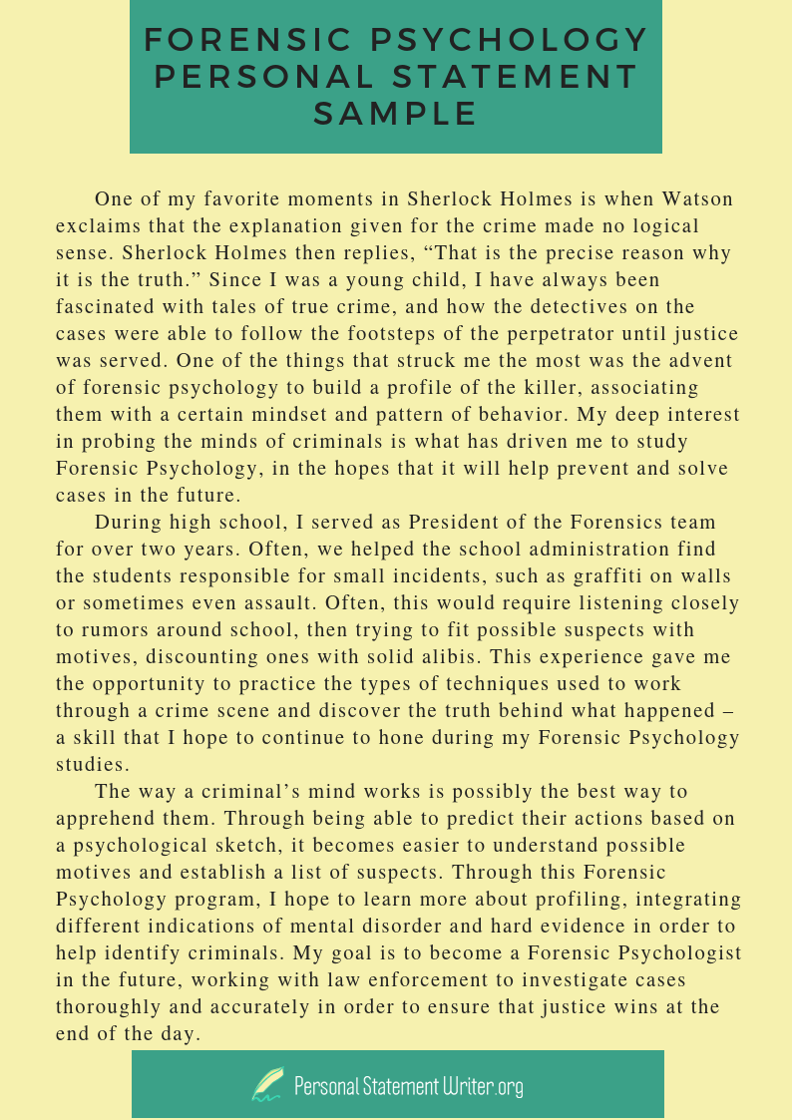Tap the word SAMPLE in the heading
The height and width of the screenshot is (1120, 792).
pos(396,113)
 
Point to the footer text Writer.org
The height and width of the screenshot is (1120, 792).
pos(483,1085)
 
